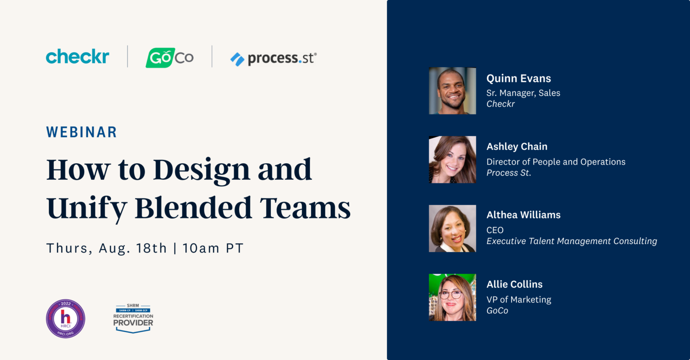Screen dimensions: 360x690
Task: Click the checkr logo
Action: click(x=77, y=57)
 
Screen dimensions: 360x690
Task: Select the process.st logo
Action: click(x=273, y=58)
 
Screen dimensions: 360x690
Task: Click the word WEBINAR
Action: click(x=81, y=132)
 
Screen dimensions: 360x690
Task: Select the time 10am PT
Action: click(x=213, y=248)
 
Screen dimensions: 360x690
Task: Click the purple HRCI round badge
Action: click(x=66, y=319)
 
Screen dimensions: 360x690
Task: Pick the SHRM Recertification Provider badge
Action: click(x=133, y=318)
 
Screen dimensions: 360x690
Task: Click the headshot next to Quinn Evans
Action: click(x=452, y=91)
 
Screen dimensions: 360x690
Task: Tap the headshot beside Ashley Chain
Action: click(x=452, y=160)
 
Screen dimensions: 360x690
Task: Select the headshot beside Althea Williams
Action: click(x=452, y=229)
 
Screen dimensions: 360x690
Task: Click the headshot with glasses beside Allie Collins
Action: click(x=452, y=297)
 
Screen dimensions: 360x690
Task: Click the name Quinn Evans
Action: click(x=518, y=79)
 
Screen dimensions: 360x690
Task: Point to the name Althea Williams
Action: click(x=523, y=215)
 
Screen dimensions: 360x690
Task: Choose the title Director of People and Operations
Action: click(x=556, y=162)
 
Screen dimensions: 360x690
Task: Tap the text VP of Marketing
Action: click(x=518, y=300)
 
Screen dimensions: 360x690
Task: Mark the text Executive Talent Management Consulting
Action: click(x=572, y=241)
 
